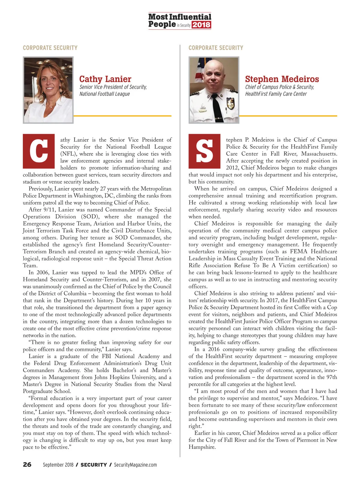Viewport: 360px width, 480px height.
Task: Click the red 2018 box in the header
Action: [201, 25]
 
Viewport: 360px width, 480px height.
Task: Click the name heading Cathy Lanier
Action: [105, 79]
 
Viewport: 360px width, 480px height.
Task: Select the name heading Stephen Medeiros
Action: [282, 79]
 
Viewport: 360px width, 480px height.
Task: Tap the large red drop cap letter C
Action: [39, 151]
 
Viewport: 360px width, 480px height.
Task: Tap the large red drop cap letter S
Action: [204, 151]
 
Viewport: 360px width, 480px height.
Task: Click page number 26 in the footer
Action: [27, 465]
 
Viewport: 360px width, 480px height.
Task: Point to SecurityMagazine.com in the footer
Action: [135, 465]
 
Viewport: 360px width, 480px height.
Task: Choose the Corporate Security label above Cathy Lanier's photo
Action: [50, 48]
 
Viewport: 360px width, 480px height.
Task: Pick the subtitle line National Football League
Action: [104, 94]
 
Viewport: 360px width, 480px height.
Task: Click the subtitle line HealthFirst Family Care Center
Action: [276, 94]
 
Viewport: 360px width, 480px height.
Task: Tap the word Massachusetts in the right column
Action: [319, 154]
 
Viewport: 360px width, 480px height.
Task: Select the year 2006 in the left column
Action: [43, 272]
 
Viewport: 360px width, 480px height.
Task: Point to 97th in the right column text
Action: [331, 377]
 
